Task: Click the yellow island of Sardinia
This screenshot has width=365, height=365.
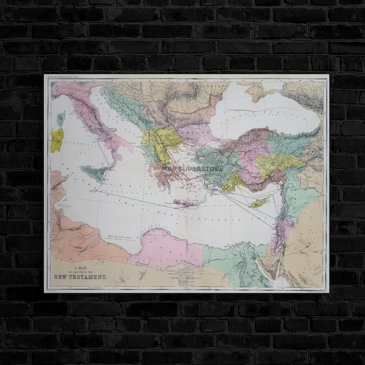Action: click(x=57, y=141)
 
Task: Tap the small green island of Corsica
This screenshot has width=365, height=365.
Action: click(x=61, y=119)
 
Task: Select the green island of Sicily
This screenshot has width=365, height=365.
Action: click(x=95, y=173)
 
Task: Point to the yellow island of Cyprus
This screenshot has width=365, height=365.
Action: click(x=259, y=202)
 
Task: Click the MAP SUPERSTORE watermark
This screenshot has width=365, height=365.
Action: click(x=193, y=169)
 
